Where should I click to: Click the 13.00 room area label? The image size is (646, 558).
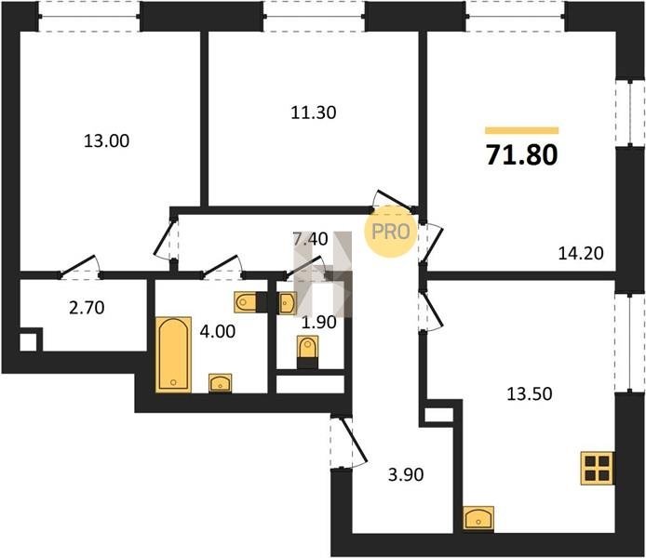107,141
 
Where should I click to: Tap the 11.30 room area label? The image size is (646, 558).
314,113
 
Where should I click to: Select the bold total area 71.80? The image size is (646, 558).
521,154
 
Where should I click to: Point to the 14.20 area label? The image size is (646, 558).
581,253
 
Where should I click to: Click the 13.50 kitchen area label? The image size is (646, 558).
529,393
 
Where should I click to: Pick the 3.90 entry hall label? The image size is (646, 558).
406,475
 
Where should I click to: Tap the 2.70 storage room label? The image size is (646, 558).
87,308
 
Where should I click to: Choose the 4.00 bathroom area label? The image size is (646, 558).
218,331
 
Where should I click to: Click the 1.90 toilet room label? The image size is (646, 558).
319,323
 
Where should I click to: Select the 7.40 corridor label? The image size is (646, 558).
310,239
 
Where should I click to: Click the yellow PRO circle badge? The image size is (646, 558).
391,232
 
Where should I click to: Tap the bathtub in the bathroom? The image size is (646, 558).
173,354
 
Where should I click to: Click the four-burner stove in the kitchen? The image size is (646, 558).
597,468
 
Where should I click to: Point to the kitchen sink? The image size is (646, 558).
478,518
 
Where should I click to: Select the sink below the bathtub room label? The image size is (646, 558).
221,383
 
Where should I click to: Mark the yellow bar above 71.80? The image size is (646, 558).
522,130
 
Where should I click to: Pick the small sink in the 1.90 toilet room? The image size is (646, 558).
287,303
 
